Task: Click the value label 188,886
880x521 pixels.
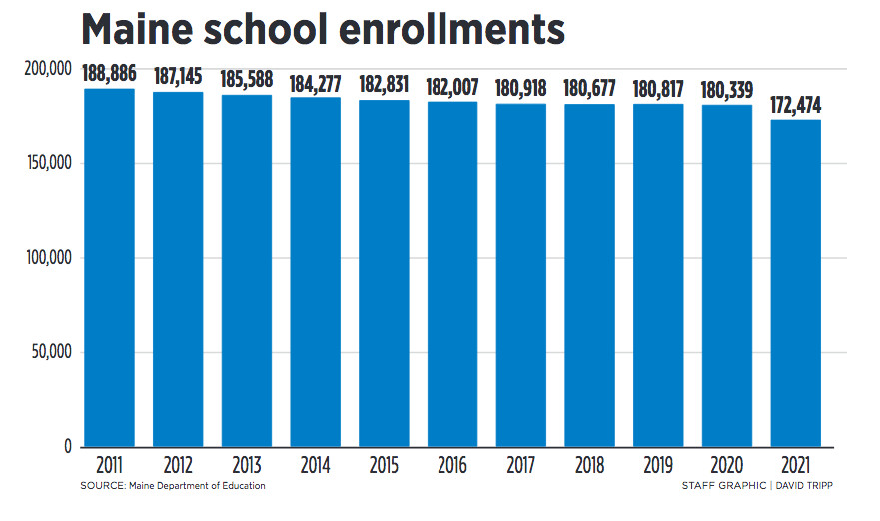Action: tap(110, 75)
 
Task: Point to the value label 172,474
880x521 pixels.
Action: tap(796, 105)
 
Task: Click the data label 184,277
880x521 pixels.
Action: tap(316, 84)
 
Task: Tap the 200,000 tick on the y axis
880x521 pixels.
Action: tap(46, 69)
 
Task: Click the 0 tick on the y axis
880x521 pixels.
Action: tap(68, 447)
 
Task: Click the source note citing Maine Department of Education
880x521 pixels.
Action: tap(173, 486)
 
